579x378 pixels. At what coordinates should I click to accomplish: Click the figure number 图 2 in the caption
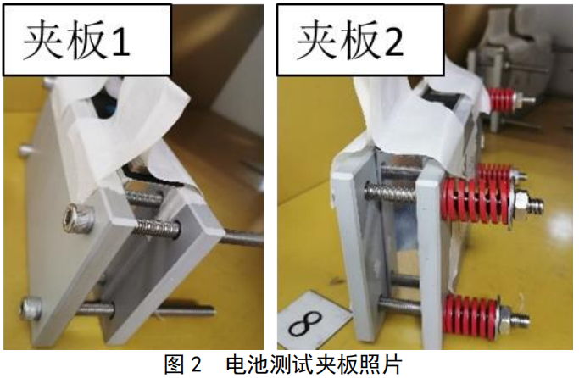click(183, 364)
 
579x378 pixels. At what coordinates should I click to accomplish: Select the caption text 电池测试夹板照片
click(314, 364)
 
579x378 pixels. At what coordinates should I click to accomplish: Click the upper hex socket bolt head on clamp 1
click(77, 219)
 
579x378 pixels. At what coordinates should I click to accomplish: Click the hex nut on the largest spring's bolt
click(521, 203)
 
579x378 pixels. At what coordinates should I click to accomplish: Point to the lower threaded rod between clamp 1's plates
click(95, 309)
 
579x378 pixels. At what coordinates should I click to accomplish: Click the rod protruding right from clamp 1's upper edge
click(242, 236)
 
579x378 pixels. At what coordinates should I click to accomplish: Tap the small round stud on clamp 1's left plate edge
click(25, 151)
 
